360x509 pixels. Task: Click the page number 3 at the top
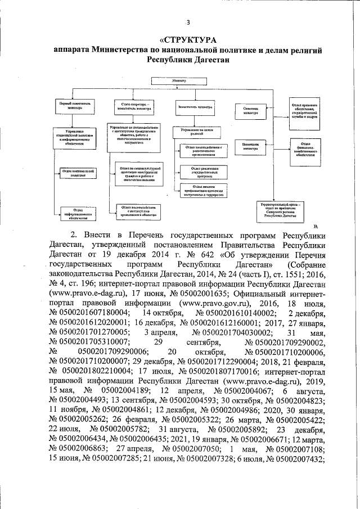188,22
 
